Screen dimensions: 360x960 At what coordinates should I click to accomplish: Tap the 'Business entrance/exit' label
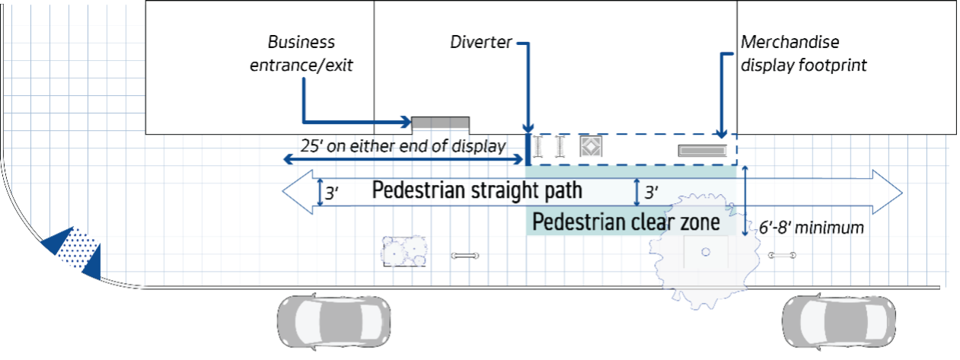point(303,54)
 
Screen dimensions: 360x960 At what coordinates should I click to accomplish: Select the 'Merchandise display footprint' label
point(803,54)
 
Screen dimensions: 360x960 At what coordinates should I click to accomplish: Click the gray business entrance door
point(441,123)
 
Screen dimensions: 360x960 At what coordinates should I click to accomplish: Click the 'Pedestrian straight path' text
point(477,190)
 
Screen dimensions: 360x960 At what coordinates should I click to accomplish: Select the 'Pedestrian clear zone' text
point(626,223)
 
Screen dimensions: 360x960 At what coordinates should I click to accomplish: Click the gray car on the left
point(333,316)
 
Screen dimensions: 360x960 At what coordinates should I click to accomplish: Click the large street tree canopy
point(704,252)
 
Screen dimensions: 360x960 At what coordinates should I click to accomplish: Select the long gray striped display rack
point(703,150)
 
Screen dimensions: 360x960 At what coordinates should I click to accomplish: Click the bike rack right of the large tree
point(782,255)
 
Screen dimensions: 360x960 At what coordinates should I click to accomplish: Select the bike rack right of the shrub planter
point(464,256)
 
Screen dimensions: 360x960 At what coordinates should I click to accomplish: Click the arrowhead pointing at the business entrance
point(405,122)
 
